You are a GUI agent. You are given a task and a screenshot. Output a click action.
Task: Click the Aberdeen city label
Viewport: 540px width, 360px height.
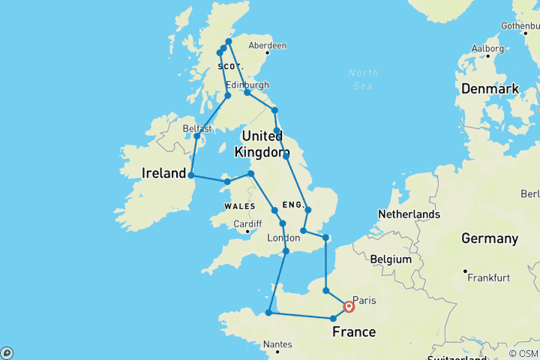[268, 45]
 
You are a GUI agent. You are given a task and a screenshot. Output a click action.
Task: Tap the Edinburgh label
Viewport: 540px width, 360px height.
[247, 85]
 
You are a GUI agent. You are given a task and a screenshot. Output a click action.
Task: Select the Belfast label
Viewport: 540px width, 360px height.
[198, 128]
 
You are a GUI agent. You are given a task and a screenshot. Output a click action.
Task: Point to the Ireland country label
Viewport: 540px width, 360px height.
[164, 173]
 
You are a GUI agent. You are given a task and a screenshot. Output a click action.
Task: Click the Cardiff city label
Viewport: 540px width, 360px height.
[247, 223]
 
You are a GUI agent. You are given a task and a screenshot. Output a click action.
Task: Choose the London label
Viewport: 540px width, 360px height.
[283, 238]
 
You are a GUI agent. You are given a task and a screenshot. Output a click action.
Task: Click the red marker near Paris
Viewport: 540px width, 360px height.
[349, 306]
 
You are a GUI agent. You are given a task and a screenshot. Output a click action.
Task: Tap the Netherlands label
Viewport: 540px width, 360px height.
[409, 214]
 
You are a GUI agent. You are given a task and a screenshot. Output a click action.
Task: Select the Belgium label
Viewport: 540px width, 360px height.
[391, 259]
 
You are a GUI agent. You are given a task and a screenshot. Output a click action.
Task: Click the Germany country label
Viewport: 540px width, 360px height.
[490, 238]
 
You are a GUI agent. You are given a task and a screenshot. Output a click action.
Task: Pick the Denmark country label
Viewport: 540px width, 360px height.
[490, 88]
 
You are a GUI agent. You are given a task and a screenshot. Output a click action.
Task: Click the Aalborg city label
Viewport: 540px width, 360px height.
[487, 48]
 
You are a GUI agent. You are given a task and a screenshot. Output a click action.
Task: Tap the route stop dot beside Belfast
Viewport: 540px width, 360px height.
[196, 136]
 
